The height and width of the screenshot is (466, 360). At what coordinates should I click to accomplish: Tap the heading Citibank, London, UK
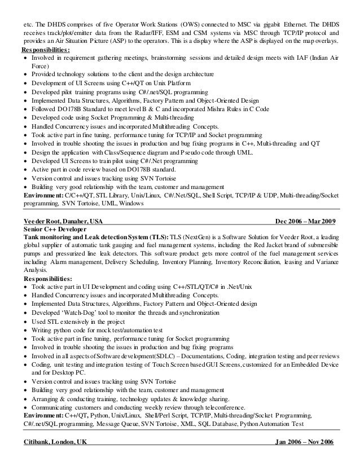tap(56, 441)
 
